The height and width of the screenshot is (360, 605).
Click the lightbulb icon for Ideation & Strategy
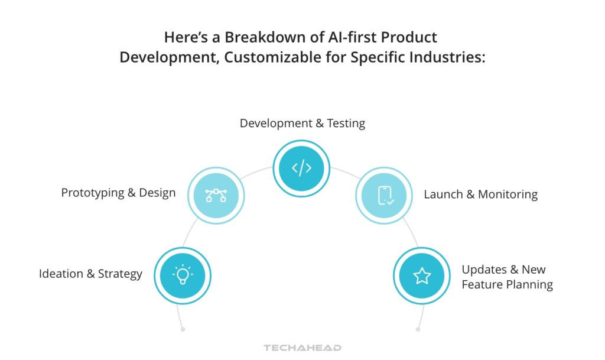182,275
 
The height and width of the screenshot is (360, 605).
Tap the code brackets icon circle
301,168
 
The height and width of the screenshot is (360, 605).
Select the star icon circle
422,275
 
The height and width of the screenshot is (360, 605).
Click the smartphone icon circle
385,195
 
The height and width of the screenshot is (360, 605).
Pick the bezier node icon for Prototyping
216,195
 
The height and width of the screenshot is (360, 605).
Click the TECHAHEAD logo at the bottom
302,348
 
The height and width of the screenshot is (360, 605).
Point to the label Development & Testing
302,123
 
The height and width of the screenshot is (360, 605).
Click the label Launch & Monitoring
480,194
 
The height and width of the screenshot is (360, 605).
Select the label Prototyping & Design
118,193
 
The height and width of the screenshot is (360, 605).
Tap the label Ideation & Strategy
90,274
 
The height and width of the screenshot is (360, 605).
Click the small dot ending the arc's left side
183,329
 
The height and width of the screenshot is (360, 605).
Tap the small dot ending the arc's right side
418,329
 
